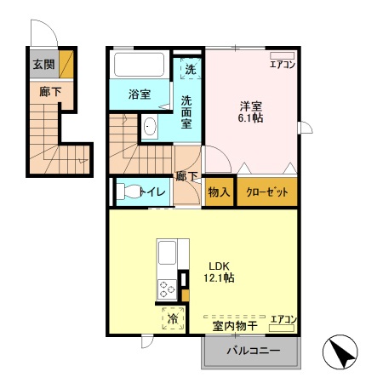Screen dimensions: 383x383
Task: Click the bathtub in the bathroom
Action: (x=141, y=65)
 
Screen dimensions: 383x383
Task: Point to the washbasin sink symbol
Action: (x=150, y=128)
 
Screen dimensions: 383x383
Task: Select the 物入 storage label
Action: (x=219, y=192)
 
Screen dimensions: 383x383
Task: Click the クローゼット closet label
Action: (x=267, y=192)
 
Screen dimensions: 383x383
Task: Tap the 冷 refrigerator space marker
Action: (x=173, y=319)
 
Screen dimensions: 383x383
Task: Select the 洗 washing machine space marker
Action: (x=191, y=70)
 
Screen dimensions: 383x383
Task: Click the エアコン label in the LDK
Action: (x=283, y=319)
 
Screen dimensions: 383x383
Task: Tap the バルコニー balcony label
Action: (x=251, y=352)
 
